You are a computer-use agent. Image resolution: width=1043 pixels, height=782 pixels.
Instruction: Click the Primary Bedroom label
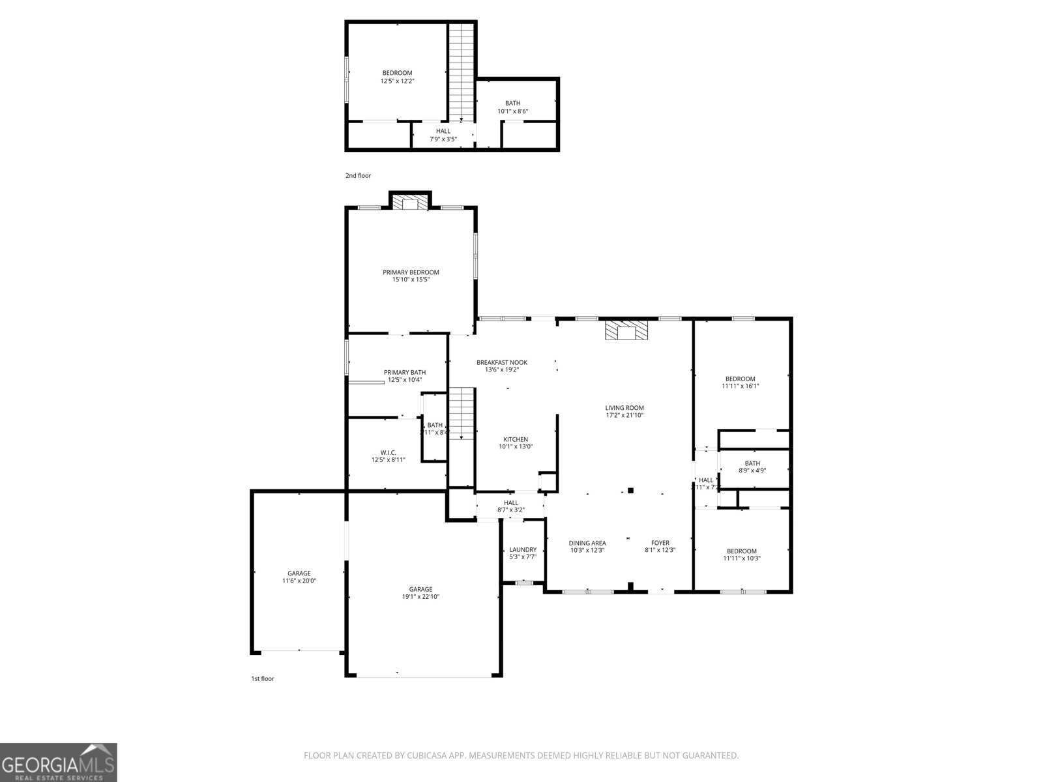(411, 272)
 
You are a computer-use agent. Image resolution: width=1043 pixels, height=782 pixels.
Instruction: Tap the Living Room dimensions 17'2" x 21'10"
(624, 415)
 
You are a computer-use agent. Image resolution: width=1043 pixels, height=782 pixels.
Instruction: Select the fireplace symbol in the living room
(626, 330)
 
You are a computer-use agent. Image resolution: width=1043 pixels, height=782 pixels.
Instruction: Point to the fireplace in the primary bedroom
(410, 203)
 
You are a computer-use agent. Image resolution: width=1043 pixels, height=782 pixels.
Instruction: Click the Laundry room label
(523, 549)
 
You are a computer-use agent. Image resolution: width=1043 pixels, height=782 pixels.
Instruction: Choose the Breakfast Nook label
(501, 362)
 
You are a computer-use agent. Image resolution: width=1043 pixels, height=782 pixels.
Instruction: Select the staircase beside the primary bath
(461, 413)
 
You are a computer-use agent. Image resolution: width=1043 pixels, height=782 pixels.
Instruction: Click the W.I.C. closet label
(388, 453)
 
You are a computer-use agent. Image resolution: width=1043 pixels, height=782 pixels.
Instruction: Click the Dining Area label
(587, 543)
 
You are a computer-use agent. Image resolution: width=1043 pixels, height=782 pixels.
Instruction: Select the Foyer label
(660, 543)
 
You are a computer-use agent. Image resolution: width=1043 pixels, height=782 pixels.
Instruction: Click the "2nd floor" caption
(358, 176)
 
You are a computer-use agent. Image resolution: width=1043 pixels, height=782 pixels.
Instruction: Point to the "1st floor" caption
(263, 679)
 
